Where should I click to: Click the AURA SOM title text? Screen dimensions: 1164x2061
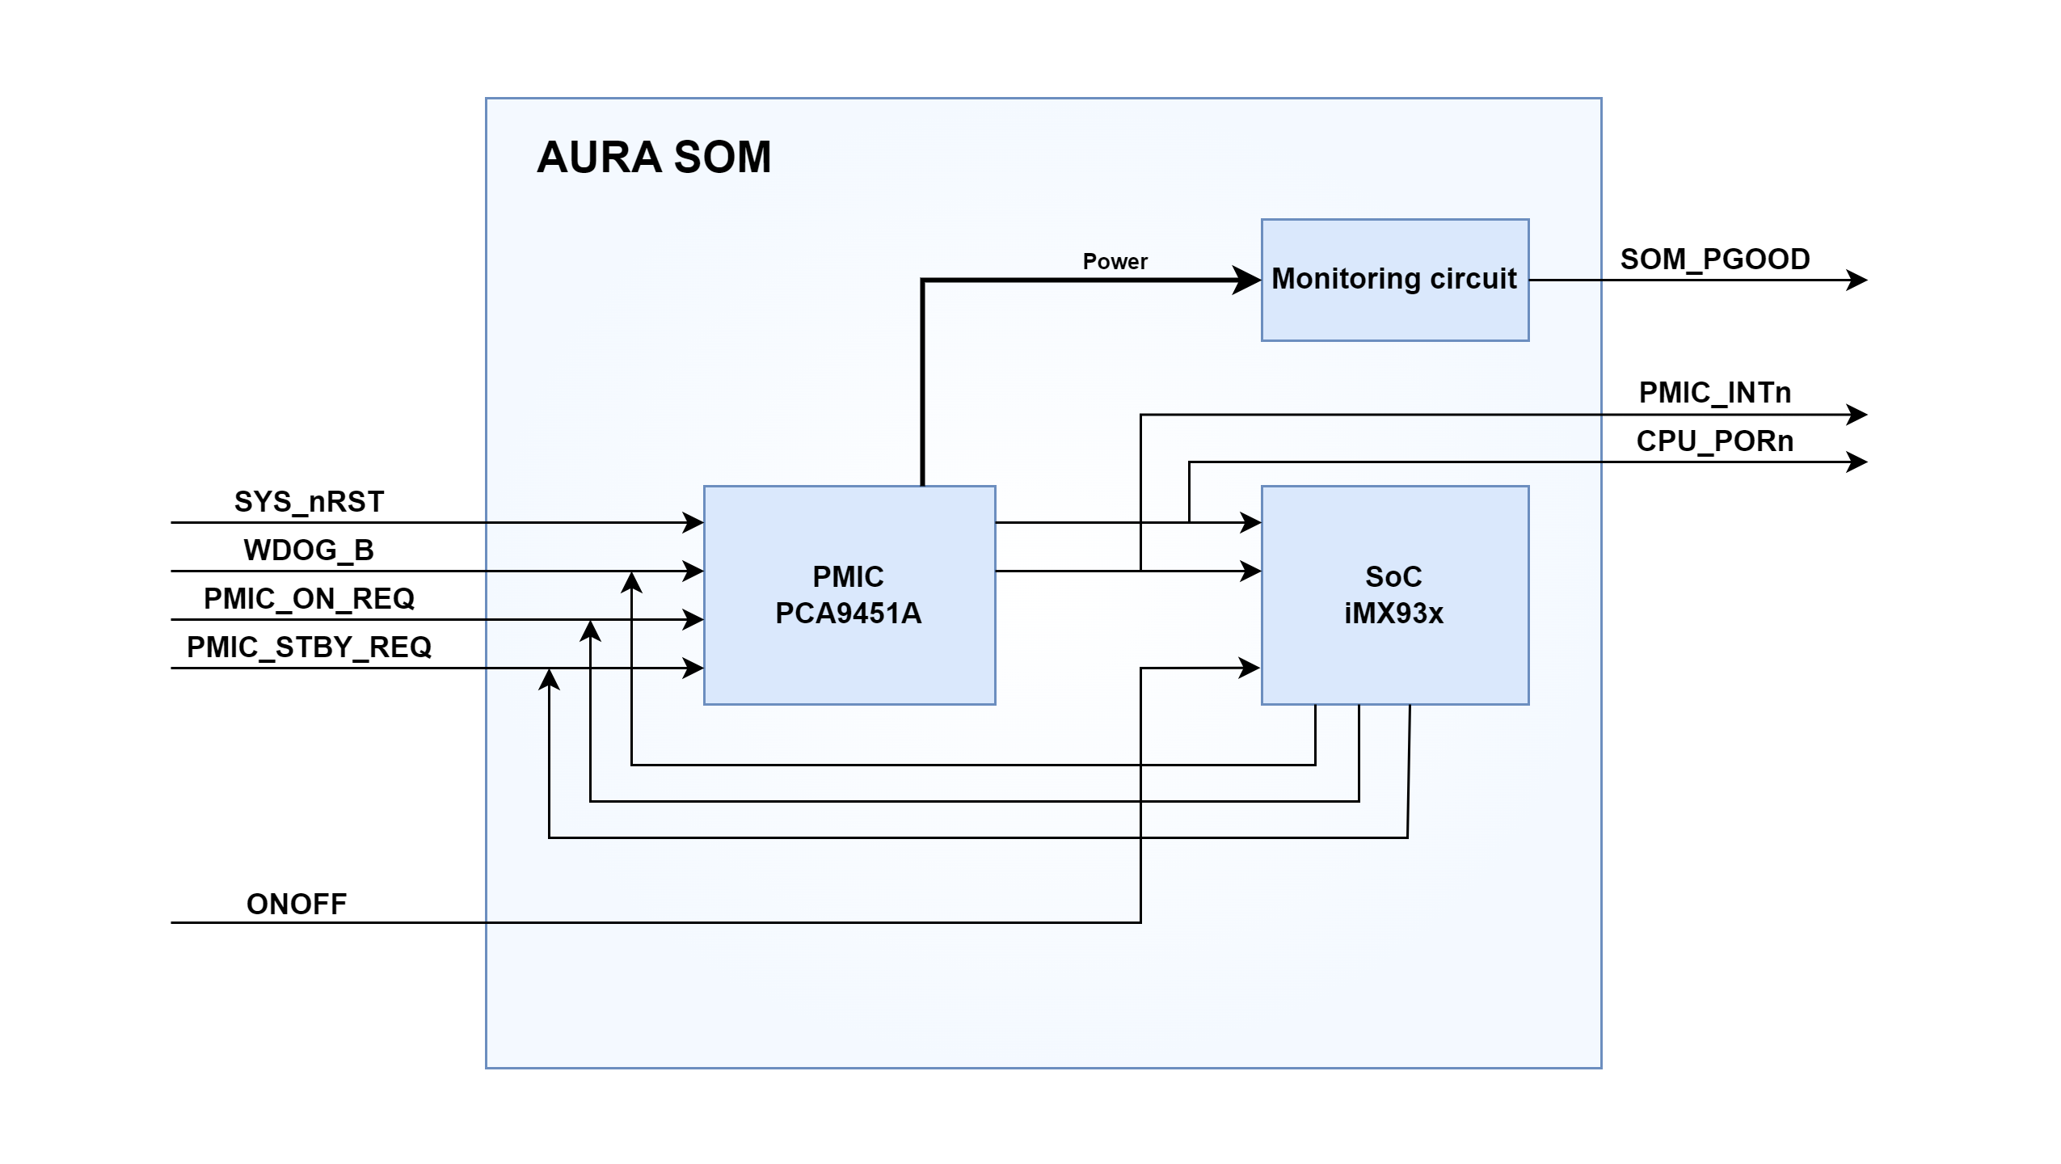[654, 157]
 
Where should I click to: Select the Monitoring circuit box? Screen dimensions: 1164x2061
[1394, 280]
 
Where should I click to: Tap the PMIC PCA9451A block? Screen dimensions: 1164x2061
[849, 595]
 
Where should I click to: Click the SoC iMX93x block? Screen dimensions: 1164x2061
[1394, 595]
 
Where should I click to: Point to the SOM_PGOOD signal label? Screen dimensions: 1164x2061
[1714, 259]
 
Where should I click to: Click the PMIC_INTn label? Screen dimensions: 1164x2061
[1714, 393]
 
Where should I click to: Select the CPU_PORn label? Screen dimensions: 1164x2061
[1714, 441]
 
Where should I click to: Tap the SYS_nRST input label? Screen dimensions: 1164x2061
[309, 502]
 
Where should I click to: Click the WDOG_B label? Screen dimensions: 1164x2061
[309, 550]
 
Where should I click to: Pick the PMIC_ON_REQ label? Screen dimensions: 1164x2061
[309, 599]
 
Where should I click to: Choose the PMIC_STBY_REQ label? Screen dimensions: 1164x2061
[309, 647]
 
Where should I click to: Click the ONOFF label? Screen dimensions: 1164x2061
[296, 904]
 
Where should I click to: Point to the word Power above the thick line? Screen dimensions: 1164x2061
[1115, 262]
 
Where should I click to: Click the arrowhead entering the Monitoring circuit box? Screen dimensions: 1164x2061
[1247, 280]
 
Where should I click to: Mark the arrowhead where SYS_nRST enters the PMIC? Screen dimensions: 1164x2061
[693, 523]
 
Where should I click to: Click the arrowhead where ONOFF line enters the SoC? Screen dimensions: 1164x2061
[1250, 668]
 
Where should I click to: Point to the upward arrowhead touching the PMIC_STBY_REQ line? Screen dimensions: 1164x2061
[550, 679]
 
